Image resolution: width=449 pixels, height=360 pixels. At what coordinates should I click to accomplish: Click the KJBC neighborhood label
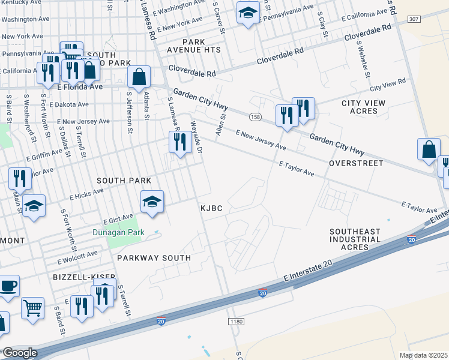pyautogui.click(x=211, y=208)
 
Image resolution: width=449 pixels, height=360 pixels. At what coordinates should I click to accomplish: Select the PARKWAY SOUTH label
pyautogui.click(x=154, y=258)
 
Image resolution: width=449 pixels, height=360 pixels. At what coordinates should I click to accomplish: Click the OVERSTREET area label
pyautogui.click(x=351, y=163)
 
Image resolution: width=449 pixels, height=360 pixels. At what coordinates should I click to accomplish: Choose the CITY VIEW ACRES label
pyautogui.click(x=363, y=107)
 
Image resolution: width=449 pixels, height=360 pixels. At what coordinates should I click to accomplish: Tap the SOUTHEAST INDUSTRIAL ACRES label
pyautogui.click(x=355, y=239)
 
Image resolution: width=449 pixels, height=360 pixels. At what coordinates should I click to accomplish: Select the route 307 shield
pyautogui.click(x=413, y=19)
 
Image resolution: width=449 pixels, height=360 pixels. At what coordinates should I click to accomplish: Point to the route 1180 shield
pyautogui.click(x=237, y=322)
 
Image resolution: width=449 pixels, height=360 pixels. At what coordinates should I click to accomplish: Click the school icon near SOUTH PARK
pyautogui.click(x=152, y=202)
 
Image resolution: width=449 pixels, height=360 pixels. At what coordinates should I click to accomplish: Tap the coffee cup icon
pyautogui.click(x=8, y=286)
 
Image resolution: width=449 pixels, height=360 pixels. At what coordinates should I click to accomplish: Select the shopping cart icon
pyautogui.click(x=32, y=308)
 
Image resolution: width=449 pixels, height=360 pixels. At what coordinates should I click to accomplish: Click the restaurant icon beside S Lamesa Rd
pyautogui.click(x=180, y=142)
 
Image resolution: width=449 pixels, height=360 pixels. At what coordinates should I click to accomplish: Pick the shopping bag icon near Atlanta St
pyautogui.click(x=139, y=77)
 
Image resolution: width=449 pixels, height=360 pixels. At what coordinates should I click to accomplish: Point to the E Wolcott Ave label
pyautogui.click(x=77, y=257)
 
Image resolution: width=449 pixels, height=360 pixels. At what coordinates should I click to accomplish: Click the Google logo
pyautogui.click(x=19, y=353)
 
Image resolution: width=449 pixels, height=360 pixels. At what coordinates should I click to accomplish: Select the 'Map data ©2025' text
pyautogui.click(x=424, y=355)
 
